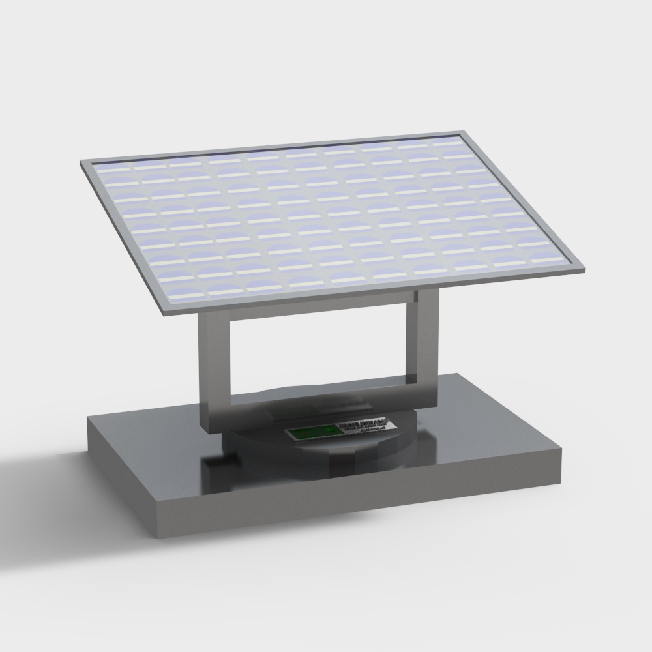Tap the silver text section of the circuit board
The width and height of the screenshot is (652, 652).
point(363,427)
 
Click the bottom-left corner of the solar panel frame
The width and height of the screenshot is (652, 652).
point(165,312)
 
